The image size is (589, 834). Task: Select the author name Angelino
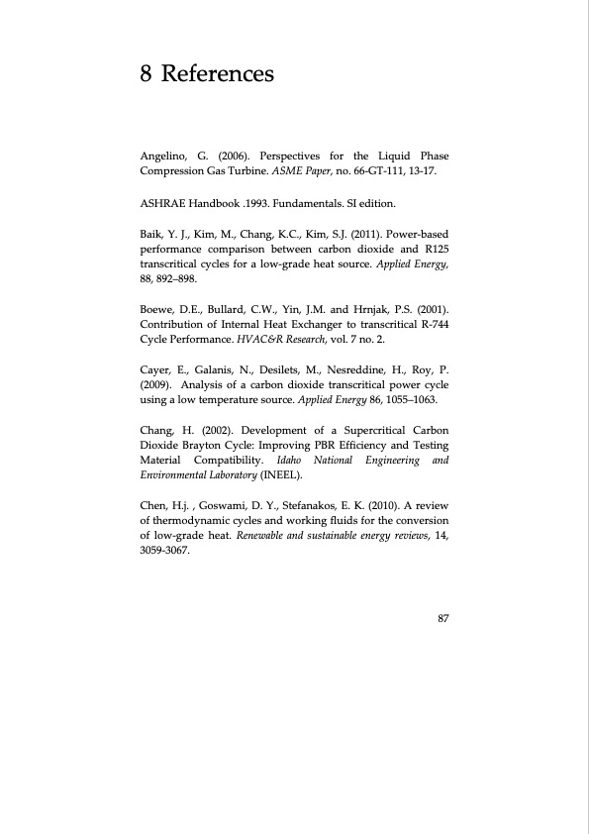167,156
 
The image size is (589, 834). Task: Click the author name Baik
156,234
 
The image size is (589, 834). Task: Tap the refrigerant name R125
435,250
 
